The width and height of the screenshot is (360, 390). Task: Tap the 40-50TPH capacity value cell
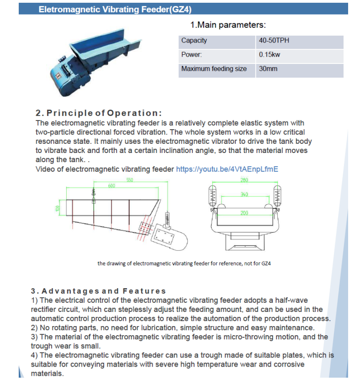click(274, 41)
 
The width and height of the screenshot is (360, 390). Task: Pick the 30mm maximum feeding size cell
click(268, 69)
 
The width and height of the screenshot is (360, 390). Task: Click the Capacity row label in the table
click(194, 41)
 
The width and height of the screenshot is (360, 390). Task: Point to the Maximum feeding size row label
click(214, 69)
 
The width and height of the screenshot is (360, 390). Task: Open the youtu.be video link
click(227, 169)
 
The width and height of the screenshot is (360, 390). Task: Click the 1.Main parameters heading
click(228, 25)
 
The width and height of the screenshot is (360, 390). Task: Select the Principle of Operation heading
click(99, 113)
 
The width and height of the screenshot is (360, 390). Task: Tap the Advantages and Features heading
click(99, 291)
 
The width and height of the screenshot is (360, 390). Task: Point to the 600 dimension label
click(111, 185)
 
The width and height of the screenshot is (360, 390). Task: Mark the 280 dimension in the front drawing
click(244, 180)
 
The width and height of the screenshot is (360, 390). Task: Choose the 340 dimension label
click(244, 195)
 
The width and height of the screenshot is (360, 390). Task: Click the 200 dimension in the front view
click(244, 213)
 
